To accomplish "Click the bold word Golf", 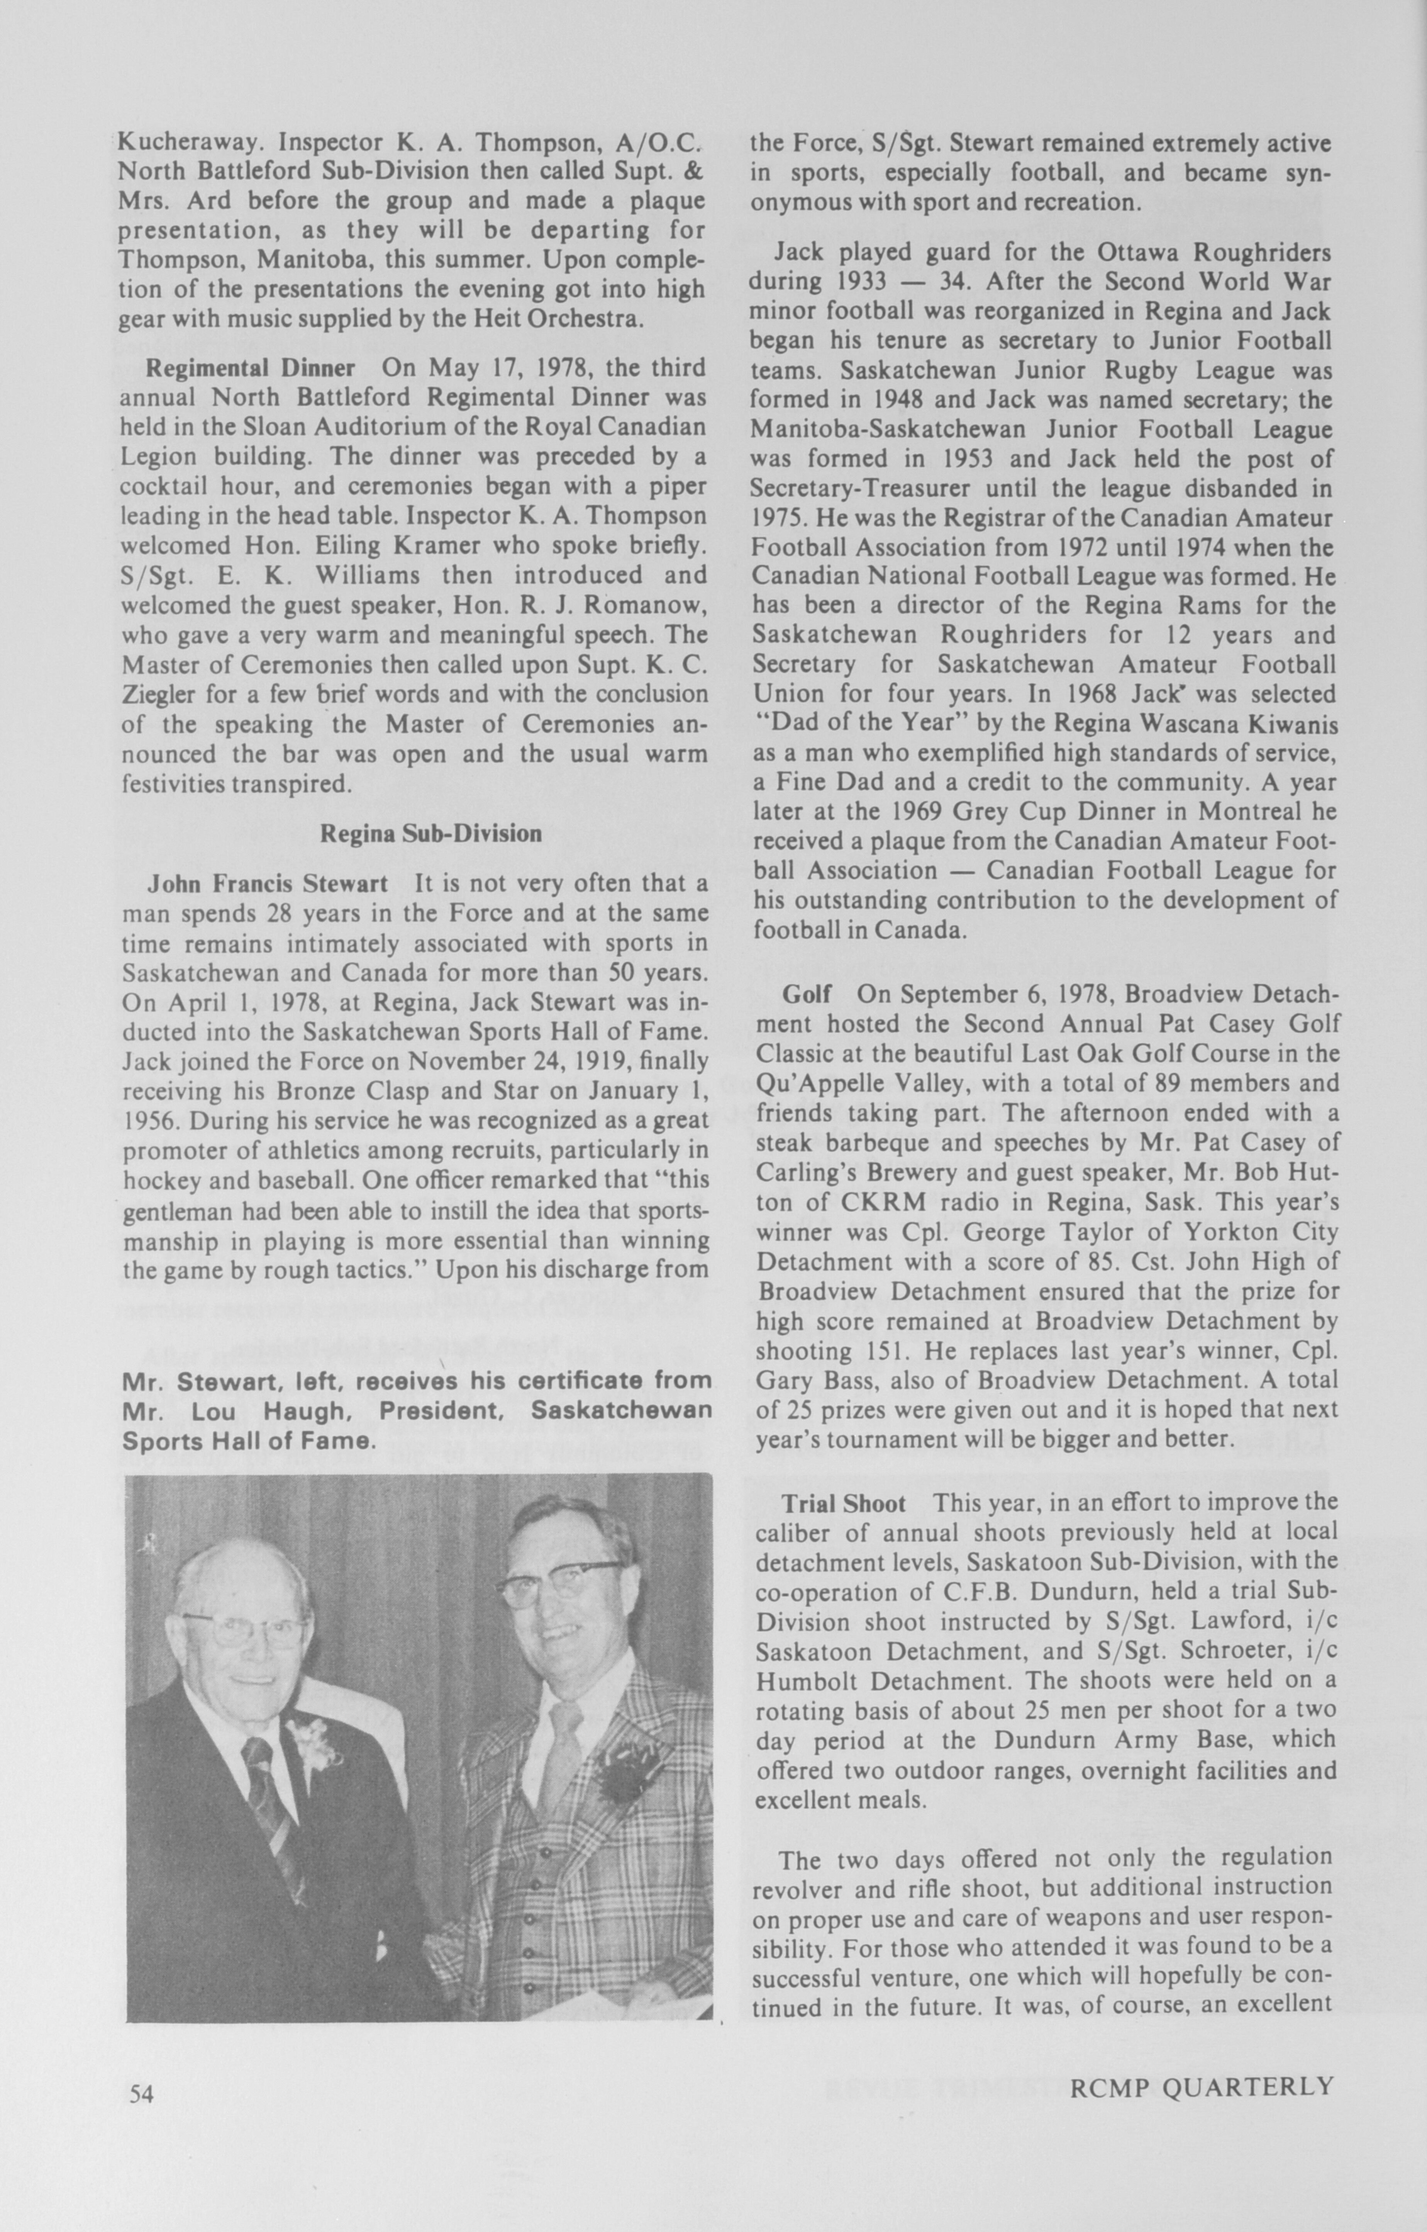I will tap(808, 995).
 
